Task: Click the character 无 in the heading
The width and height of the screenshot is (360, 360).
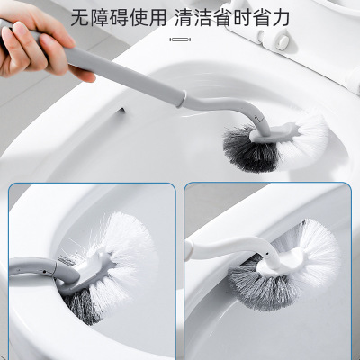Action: (80, 17)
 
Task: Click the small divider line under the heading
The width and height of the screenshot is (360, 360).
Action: (180, 40)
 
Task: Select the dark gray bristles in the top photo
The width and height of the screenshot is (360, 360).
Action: (249, 151)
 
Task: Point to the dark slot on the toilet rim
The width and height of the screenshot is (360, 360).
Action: (121, 111)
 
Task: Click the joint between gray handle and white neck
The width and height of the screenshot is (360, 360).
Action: (181, 99)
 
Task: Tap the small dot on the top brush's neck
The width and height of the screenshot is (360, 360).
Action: (256, 115)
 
